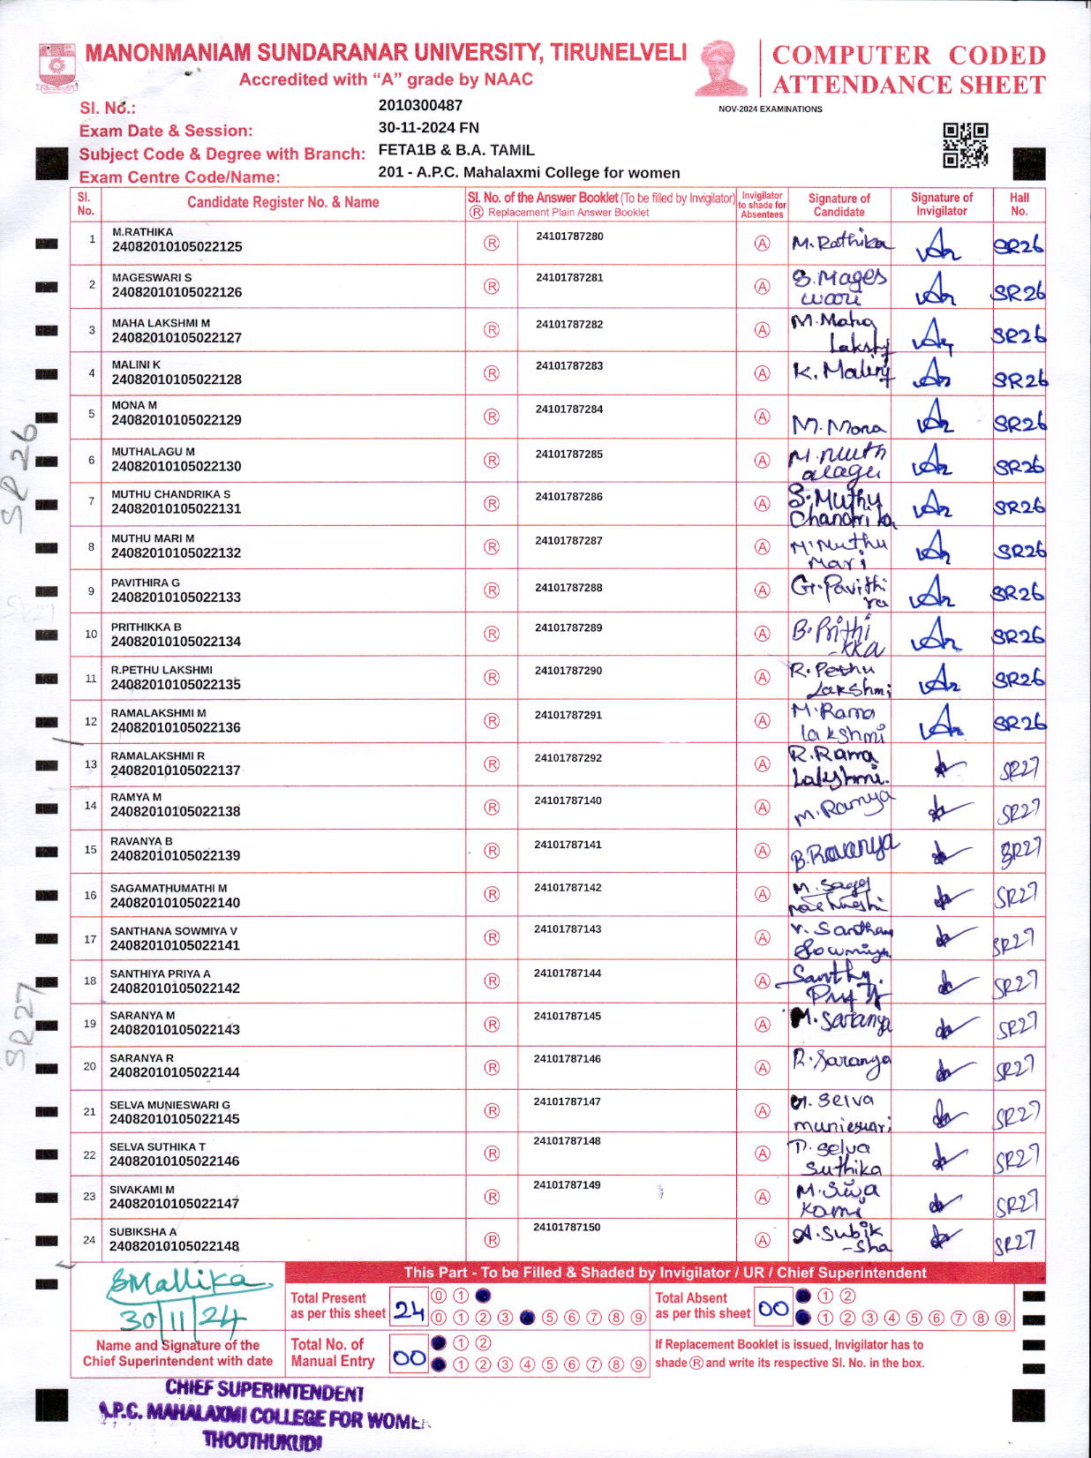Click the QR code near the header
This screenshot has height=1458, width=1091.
(x=965, y=146)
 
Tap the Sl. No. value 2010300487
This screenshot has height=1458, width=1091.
(x=420, y=105)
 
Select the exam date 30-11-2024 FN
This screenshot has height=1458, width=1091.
(x=429, y=127)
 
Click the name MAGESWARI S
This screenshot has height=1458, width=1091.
(x=152, y=277)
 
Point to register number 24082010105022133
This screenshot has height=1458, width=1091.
(x=176, y=597)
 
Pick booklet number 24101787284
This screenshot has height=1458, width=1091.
(x=569, y=410)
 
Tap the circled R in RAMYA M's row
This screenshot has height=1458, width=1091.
(x=492, y=807)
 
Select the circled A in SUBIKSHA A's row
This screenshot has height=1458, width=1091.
(x=762, y=1240)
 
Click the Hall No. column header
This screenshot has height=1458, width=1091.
(x=1019, y=205)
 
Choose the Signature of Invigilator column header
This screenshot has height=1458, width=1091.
(x=941, y=205)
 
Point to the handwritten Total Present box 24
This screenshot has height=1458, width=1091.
(x=409, y=1311)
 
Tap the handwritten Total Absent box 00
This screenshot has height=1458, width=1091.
(x=773, y=1309)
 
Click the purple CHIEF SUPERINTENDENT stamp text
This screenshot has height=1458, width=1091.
(x=264, y=1393)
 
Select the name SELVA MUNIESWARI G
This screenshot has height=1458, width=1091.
(x=169, y=1105)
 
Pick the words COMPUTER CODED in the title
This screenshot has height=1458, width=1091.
(x=908, y=56)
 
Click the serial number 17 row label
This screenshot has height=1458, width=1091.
(x=90, y=939)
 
